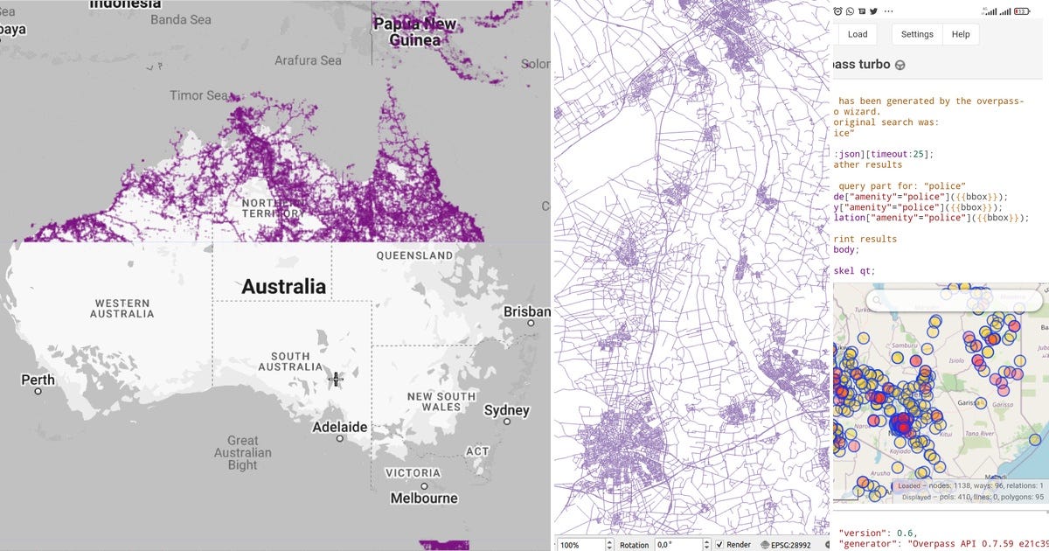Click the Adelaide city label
(340, 427)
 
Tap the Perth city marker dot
(38, 391)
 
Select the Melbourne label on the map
(424, 498)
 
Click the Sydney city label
(506, 410)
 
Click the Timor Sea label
(198, 95)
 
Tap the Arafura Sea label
(308, 60)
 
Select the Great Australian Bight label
(243, 452)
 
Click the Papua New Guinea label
(414, 32)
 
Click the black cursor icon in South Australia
(336, 379)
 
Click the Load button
(857, 34)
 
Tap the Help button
(961, 34)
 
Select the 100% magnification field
(577, 544)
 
